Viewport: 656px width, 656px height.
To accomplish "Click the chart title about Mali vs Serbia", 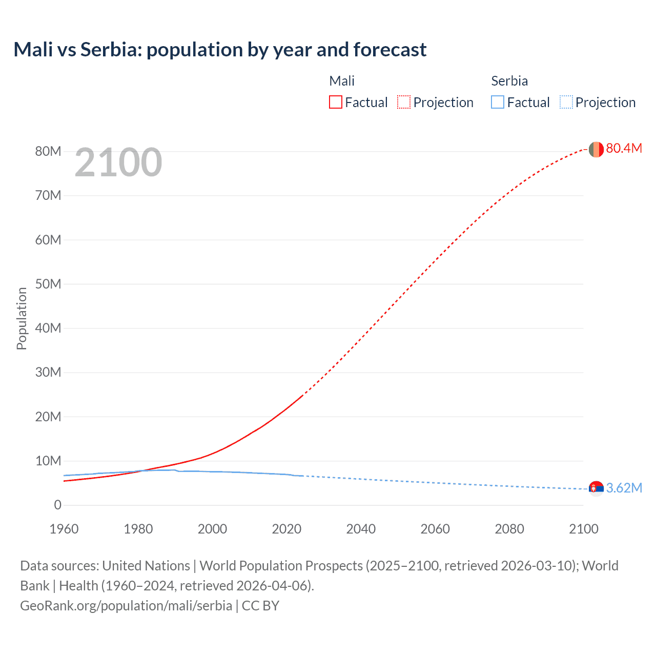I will (220, 50).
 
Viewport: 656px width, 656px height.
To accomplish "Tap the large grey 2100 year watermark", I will (118, 162).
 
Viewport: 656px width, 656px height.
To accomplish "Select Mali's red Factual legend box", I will (336, 102).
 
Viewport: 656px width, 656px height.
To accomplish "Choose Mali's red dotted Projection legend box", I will (404, 102).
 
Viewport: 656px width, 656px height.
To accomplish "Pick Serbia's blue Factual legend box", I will (498, 102).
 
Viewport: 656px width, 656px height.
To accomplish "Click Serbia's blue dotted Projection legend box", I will (566, 102).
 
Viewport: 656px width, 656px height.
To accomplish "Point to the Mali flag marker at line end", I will (596, 149).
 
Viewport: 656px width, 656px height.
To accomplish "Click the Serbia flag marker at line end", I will (596, 488).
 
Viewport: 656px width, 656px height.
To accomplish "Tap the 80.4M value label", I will (624, 148).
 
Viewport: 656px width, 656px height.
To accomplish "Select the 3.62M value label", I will (624, 488).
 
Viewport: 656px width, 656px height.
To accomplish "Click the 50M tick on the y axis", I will (48, 284).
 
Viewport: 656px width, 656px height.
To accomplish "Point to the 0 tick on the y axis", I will (57, 505).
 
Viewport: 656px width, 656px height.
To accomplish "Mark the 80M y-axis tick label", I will (48, 151).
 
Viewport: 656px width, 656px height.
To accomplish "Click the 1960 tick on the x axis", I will (64, 529).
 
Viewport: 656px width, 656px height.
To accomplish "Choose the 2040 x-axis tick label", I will (361, 529).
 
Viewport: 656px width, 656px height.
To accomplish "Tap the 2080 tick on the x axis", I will (509, 529).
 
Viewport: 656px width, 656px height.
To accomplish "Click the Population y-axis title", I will (22, 318).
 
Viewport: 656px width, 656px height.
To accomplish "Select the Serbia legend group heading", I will (509, 81).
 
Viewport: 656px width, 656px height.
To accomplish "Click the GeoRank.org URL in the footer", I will (126, 605).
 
